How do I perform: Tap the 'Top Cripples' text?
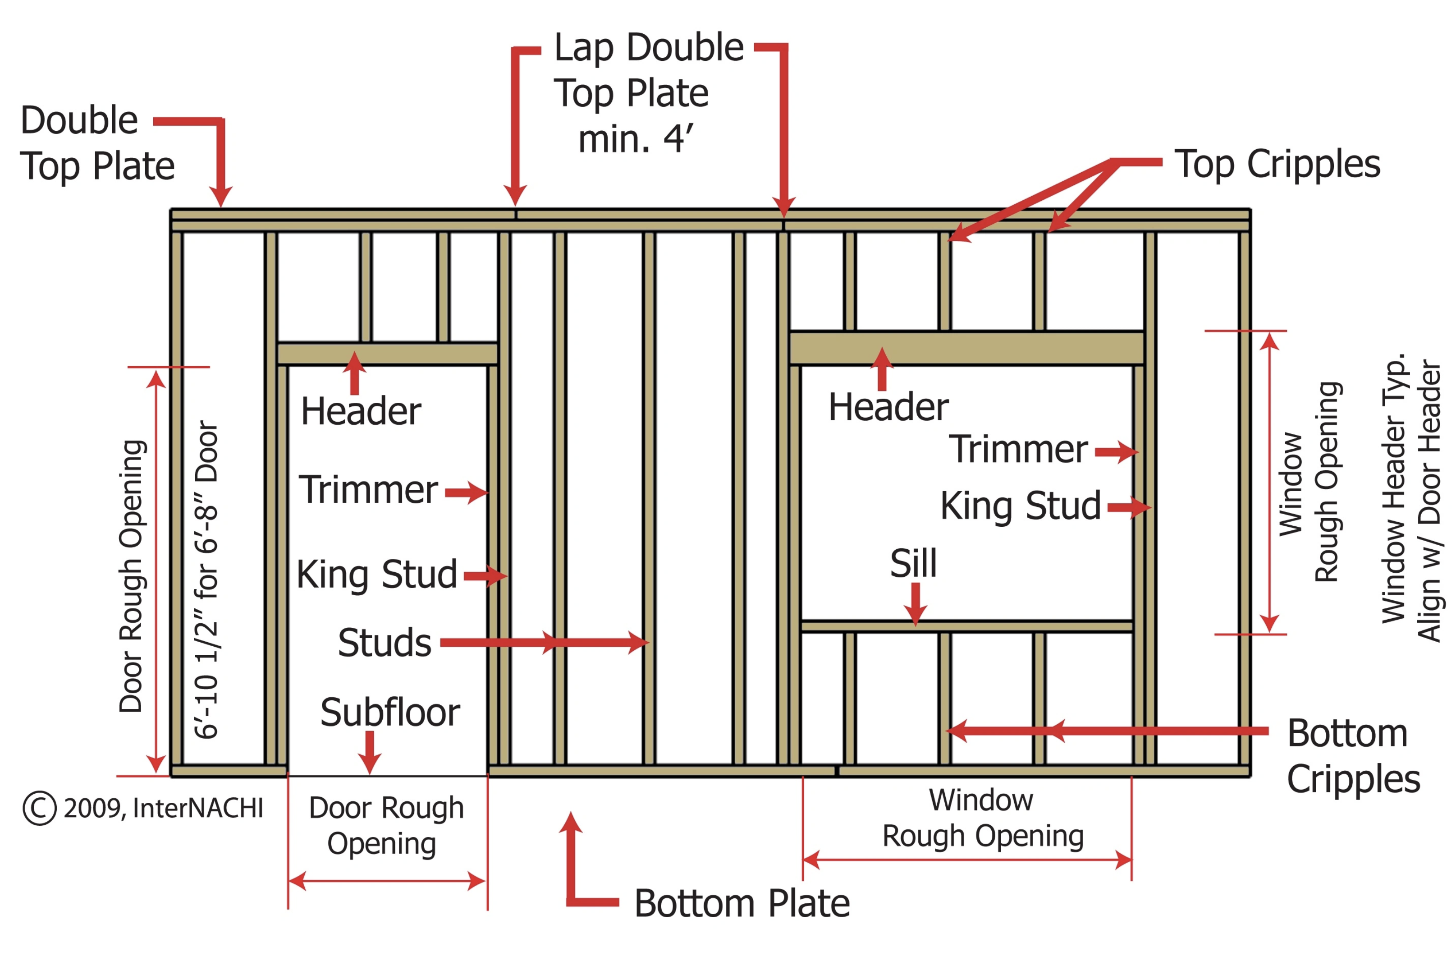tap(1277, 164)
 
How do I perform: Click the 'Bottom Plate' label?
tap(742, 903)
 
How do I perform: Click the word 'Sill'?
tap(913, 563)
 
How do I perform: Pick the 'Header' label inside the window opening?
tap(888, 407)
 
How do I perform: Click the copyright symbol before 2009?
tap(40, 808)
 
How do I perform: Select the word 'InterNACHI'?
tap(197, 808)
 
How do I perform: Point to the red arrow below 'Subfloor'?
tap(370, 752)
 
